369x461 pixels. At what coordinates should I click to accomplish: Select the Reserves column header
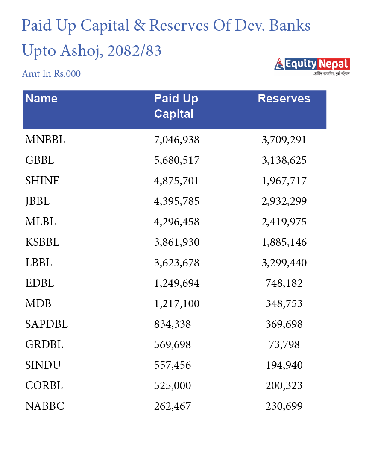coord(284,99)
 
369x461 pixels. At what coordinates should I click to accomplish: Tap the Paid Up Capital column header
coord(176,106)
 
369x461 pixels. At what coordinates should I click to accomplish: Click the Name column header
coord(41,99)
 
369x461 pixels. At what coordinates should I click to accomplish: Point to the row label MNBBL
coord(45,140)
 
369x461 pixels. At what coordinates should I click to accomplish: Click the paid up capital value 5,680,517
coord(177,160)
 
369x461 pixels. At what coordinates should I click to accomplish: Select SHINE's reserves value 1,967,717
coord(284,181)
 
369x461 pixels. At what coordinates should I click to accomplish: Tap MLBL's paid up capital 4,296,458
coord(177,222)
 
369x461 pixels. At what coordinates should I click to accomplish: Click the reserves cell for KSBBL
coord(284,242)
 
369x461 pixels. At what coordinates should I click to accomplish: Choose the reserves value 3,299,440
coord(284,263)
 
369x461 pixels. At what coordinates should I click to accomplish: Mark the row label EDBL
coord(40,283)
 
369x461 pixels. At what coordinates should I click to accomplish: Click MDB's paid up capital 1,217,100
coord(177,303)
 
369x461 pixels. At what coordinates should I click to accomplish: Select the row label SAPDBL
coord(47,324)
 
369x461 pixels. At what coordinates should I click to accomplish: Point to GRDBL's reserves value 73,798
coord(284,344)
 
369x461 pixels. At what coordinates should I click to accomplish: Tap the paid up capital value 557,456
coord(173,365)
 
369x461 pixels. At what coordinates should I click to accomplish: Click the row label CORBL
coord(44,385)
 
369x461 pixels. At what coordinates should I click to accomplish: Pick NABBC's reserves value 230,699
coord(284,406)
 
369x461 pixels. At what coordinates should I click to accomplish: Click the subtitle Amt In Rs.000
coord(51,74)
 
